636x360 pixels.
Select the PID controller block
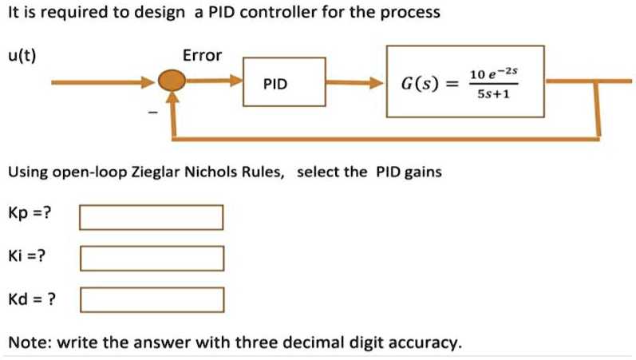coord(284,83)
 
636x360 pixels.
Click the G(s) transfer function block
coord(465,83)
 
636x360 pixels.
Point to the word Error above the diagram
coord(203,56)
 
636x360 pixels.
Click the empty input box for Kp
coord(151,217)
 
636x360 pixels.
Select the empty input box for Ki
coord(151,259)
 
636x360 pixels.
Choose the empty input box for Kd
coord(151,300)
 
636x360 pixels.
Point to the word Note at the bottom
coord(26,342)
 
